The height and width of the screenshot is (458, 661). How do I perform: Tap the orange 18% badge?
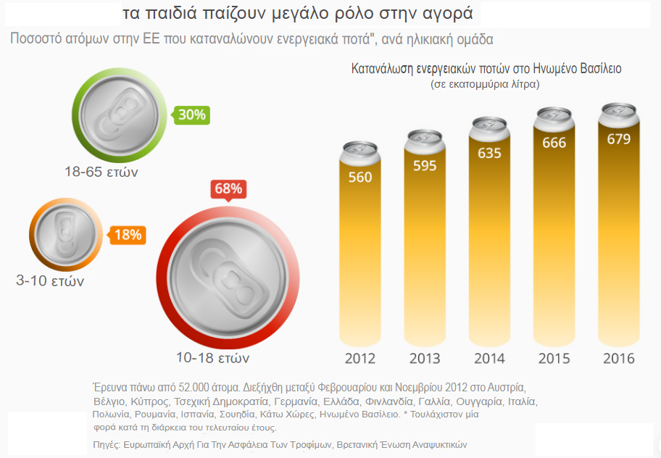[128, 235]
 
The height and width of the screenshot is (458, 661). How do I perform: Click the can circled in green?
[120, 114]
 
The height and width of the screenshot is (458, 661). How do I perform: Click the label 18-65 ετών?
[101, 172]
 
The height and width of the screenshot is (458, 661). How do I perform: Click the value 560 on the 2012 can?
[360, 178]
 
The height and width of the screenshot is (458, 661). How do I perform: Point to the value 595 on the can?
[425, 165]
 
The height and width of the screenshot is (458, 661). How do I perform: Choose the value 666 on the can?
[554, 143]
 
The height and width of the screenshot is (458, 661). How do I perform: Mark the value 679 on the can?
[618, 138]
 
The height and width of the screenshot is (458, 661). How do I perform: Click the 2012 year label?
[360, 359]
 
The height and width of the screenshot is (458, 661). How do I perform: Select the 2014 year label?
[489, 359]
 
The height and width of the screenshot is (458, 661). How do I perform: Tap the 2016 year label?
[618, 359]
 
